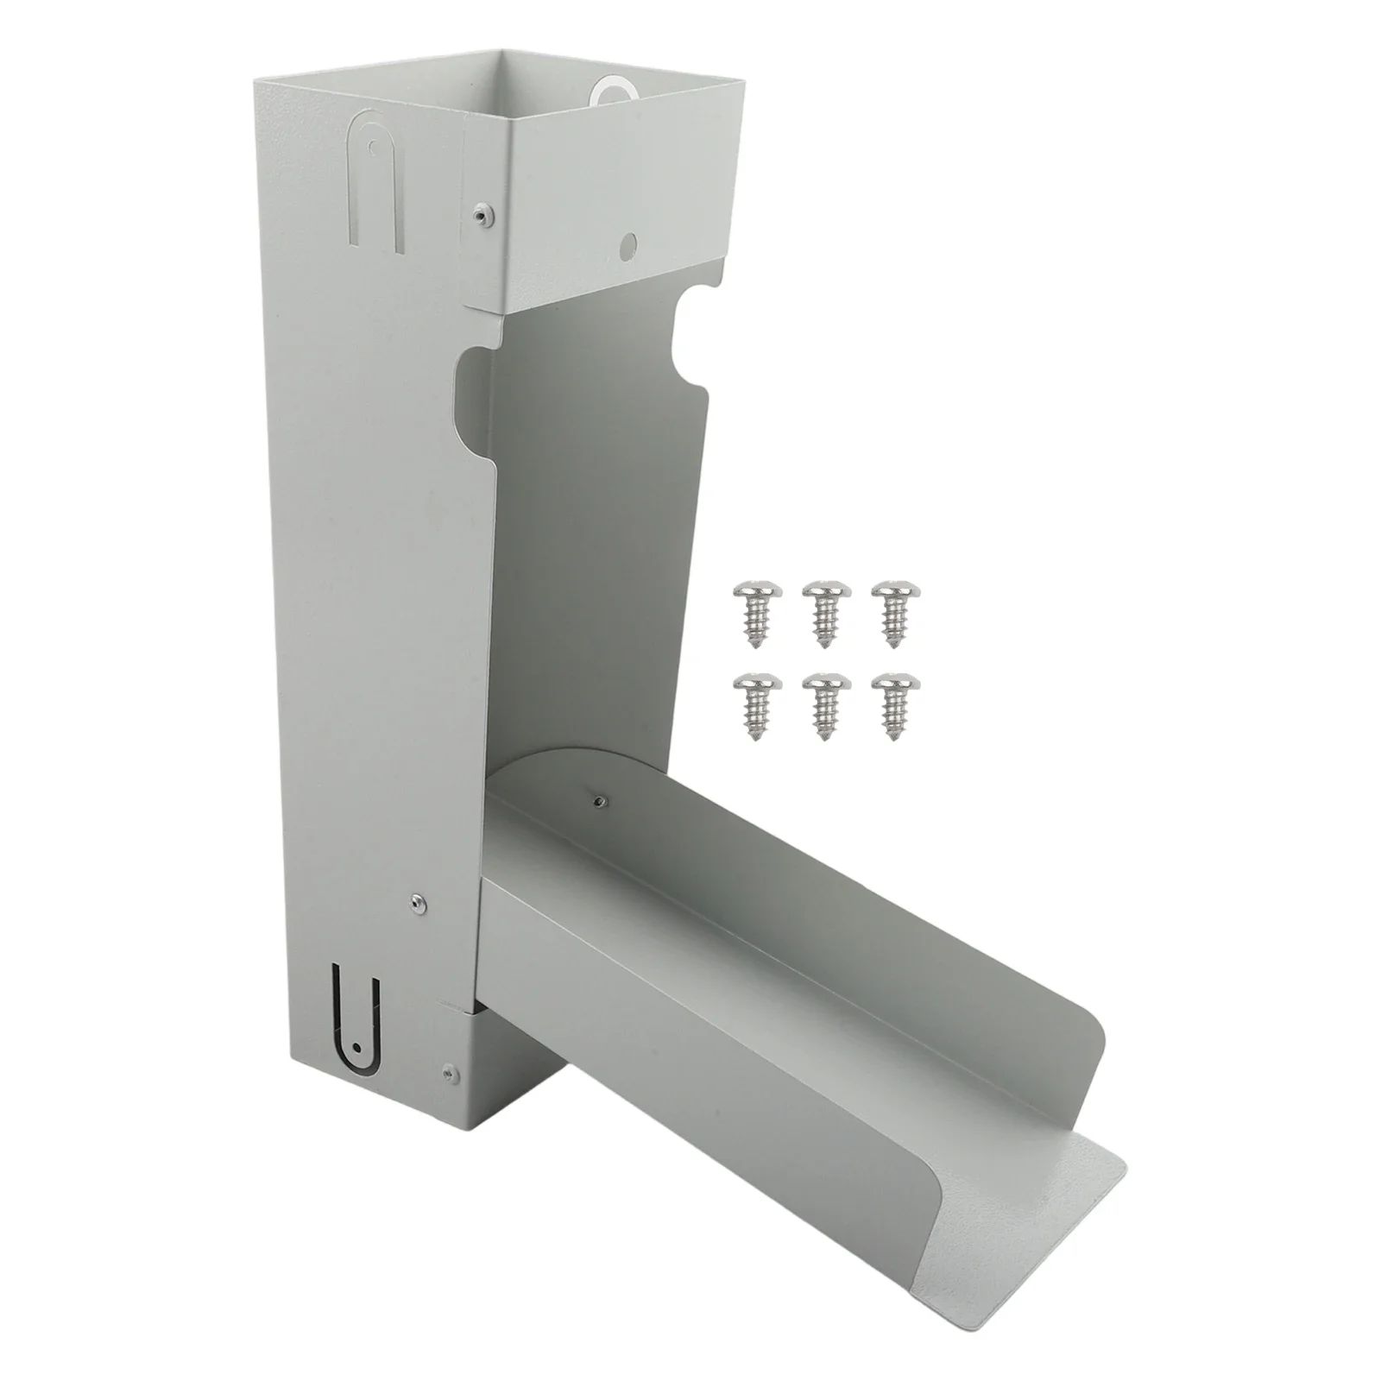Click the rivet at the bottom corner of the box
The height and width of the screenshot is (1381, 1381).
tap(448, 1073)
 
